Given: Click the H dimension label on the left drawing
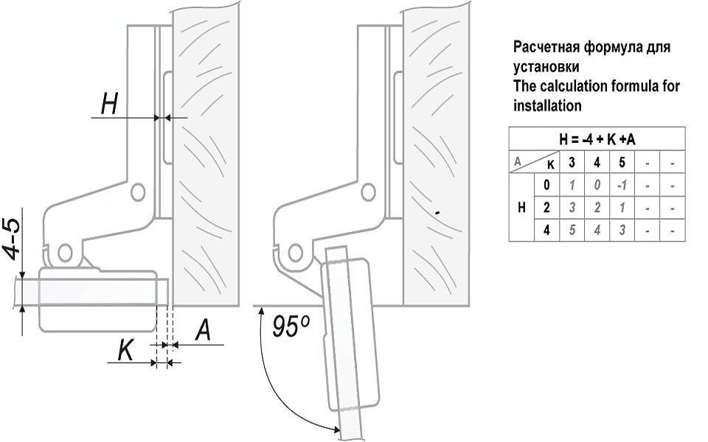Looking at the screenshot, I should tap(110, 105).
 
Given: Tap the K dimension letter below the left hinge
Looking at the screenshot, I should tap(125, 351).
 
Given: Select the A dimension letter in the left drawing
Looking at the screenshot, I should tap(201, 331).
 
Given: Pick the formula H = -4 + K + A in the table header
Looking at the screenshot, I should tap(597, 139).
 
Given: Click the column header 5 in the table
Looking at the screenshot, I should tap(622, 162).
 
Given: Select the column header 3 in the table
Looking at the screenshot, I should tap(571, 162).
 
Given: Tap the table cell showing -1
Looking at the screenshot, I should tap(622, 184).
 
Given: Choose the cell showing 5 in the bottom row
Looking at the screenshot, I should tap(571, 229).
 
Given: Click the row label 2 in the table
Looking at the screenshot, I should tap(546, 207).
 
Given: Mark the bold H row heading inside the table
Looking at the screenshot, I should tap(522, 207).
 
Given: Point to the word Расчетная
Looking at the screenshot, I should tap(546, 48).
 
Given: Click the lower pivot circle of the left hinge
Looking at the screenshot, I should tap(64, 252).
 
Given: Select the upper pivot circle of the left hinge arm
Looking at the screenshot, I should tap(136, 192).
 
